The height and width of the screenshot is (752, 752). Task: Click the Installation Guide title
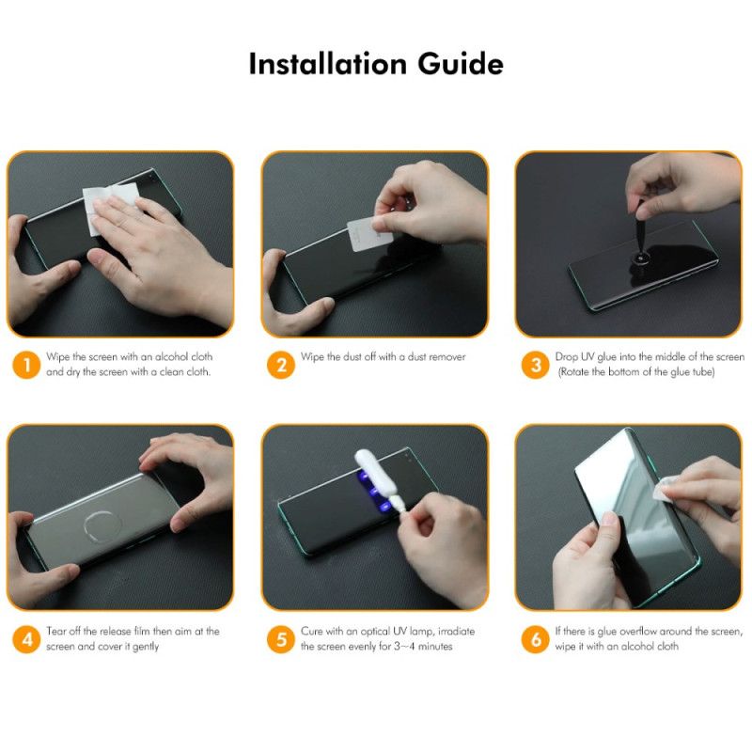pyautogui.click(x=376, y=64)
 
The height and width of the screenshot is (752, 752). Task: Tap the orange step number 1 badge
pyautogui.click(x=27, y=365)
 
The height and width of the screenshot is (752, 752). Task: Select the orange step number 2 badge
pyautogui.click(x=281, y=365)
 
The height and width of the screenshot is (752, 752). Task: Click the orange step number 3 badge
pyautogui.click(x=536, y=365)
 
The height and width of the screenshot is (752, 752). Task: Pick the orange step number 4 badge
pyautogui.click(x=27, y=639)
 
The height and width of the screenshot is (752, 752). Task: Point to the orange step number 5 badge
pyautogui.click(x=281, y=639)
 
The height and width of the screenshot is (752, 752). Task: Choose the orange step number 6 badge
pyautogui.click(x=536, y=639)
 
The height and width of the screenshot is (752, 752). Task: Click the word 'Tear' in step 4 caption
pyautogui.click(x=58, y=632)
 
